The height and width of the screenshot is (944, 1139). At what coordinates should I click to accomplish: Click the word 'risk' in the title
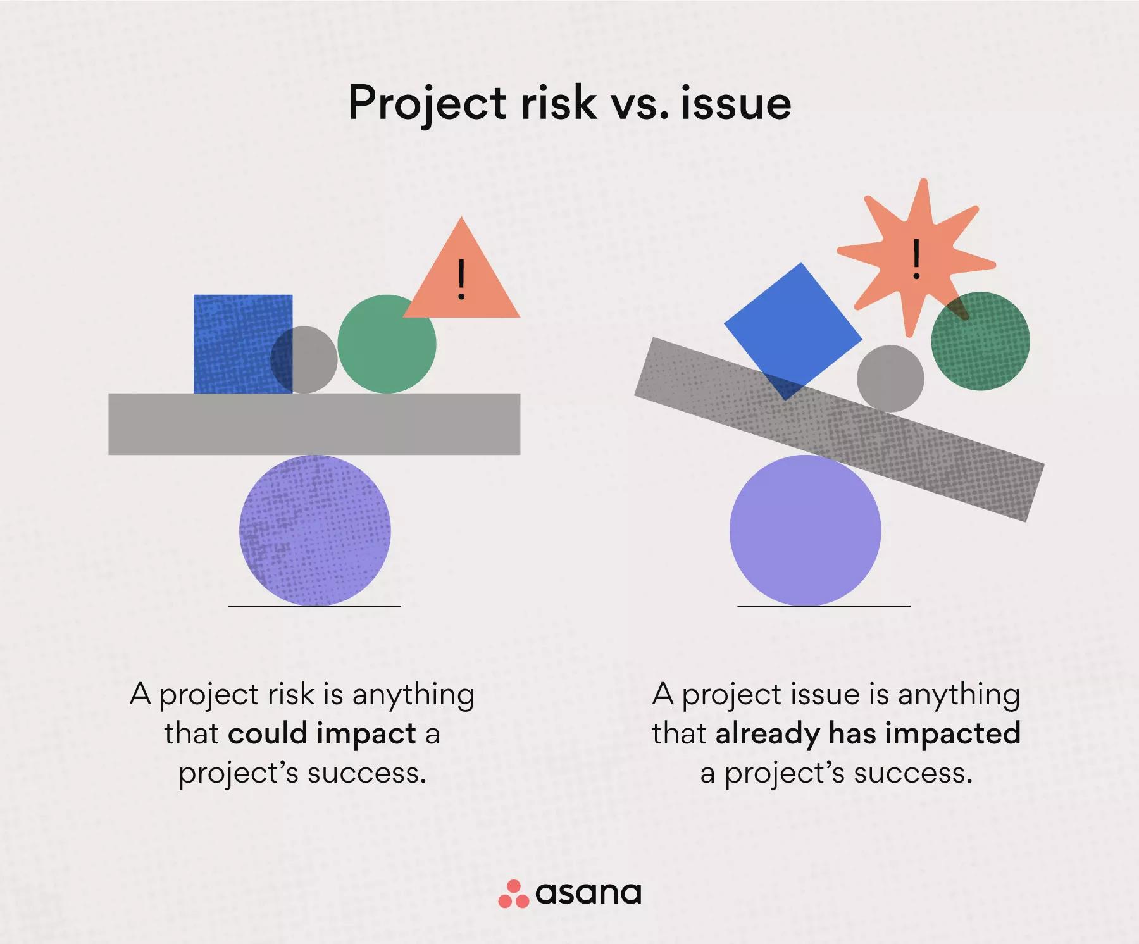tap(559, 102)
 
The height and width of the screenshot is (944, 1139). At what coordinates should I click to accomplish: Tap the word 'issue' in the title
tap(737, 102)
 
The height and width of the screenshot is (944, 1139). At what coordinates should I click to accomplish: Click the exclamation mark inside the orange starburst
tap(916, 259)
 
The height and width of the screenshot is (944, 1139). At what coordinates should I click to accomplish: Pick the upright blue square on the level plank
tap(243, 344)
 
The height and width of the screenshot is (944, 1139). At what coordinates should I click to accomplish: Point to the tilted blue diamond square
tap(793, 331)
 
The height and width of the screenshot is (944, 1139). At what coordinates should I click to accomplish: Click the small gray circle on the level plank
tap(304, 360)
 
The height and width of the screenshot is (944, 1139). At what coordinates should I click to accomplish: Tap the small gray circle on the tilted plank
tap(890, 378)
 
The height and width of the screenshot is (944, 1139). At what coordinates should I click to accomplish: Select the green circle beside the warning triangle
tap(387, 344)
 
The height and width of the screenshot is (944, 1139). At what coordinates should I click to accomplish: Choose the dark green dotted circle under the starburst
tap(980, 341)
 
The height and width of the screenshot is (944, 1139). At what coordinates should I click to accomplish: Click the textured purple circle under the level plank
tap(314, 530)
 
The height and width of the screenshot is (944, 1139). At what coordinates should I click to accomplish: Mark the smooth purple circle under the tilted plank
tap(805, 530)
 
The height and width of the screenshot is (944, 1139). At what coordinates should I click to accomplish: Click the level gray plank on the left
tap(314, 424)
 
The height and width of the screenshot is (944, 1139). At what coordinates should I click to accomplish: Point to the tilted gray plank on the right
tap(839, 430)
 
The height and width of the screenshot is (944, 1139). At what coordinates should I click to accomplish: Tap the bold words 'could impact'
tap(321, 734)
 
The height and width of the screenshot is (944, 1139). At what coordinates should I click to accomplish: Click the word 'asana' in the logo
tap(588, 893)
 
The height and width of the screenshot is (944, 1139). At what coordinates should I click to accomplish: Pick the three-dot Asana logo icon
tap(513, 893)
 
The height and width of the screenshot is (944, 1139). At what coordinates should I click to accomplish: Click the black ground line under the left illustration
tap(314, 606)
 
